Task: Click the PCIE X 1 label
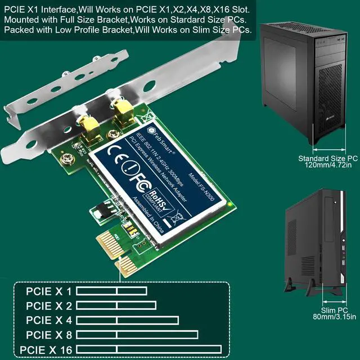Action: pos(49,291)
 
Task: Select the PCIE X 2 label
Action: pos(49,306)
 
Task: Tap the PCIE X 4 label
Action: pos(49,321)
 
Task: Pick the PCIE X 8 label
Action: pos(49,335)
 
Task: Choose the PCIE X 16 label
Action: pos(46,350)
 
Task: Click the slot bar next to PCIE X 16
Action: pos(148,349)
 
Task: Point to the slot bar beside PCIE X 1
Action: pos(111,291)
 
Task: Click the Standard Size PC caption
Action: pos(328,159)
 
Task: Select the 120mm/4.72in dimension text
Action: pos(328,166)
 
